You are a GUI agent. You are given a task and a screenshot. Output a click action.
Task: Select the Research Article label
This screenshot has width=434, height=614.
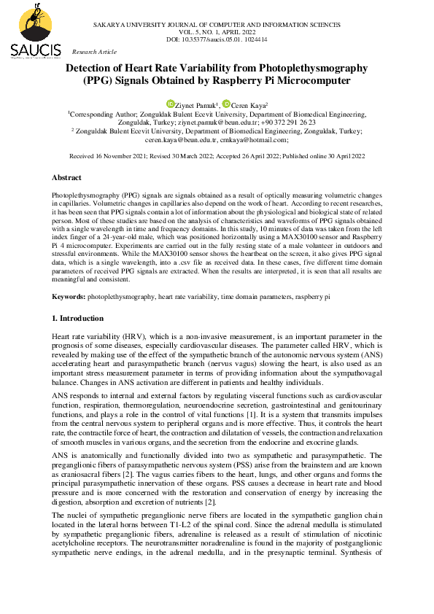[x=94, y=52]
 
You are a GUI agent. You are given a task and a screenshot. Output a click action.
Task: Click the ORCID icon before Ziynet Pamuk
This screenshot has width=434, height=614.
[x=170, y=104]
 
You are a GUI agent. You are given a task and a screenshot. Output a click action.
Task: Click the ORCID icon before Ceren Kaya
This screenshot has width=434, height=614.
[x=226, y=104]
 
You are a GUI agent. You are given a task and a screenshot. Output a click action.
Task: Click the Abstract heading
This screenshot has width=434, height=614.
[x=66, y=177]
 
